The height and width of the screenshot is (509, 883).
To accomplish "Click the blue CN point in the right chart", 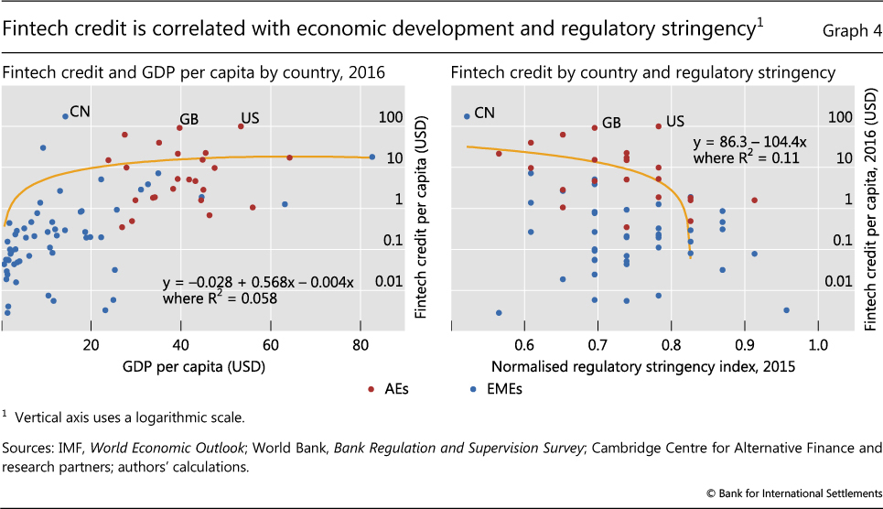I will [467, 116].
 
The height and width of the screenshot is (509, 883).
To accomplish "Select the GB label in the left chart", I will [189, 119].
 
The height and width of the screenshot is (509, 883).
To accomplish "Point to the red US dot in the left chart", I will [241, 126].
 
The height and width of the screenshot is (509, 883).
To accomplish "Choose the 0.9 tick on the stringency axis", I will [744, 344].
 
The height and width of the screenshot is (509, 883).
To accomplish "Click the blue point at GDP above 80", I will [372, 157].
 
